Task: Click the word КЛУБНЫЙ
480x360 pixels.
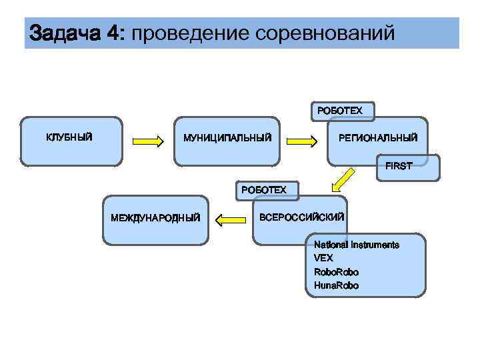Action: click(x=69, y=137)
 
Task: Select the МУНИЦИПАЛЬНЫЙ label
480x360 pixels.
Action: click(x=227, y=138)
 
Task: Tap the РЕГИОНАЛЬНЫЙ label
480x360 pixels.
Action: click(x=378, y=138)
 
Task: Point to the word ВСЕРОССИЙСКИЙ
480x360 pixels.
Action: click(x=301, y=217)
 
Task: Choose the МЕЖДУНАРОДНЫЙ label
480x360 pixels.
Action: click(x=155, y=217)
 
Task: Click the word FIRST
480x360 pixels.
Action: click(x=399, y=166)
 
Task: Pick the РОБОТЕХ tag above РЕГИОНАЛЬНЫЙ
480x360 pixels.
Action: click(x=340, y=110)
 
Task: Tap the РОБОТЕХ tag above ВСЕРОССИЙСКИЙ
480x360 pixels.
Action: click(x=264, y=190)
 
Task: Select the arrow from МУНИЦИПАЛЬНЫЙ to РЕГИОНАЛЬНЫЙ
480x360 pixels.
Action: click(x=302, y=141)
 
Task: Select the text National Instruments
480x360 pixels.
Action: click(x=356, y=245)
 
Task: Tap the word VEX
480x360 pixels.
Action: click(x=323, y=258)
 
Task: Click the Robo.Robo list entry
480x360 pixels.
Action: click(x=336, y=272)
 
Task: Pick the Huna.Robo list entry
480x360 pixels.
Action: click(x=336, y=285)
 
